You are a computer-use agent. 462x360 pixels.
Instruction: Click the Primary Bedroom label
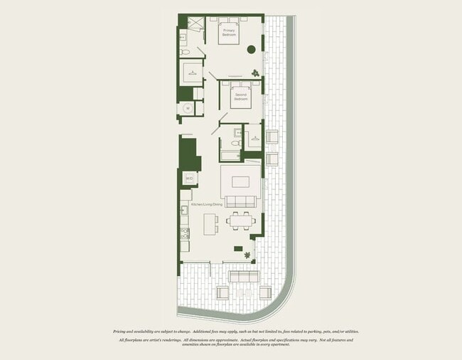[x=230, y=33]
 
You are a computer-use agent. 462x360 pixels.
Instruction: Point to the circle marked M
[x=188, y=108]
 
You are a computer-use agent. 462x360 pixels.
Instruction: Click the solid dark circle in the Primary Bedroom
[x=252, y=49]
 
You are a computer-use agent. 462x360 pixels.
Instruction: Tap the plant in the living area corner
[x=247, y=255]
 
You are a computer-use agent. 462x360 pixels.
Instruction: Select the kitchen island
[x=210, y=225]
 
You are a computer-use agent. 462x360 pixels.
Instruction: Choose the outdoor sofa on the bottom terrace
[x=243, y=277]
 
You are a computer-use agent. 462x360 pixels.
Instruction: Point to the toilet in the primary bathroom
[x=184, y=51]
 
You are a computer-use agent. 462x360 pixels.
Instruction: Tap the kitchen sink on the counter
[x=183, y=210]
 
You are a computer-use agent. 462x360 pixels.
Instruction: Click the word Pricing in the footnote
[x=122, y=332]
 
